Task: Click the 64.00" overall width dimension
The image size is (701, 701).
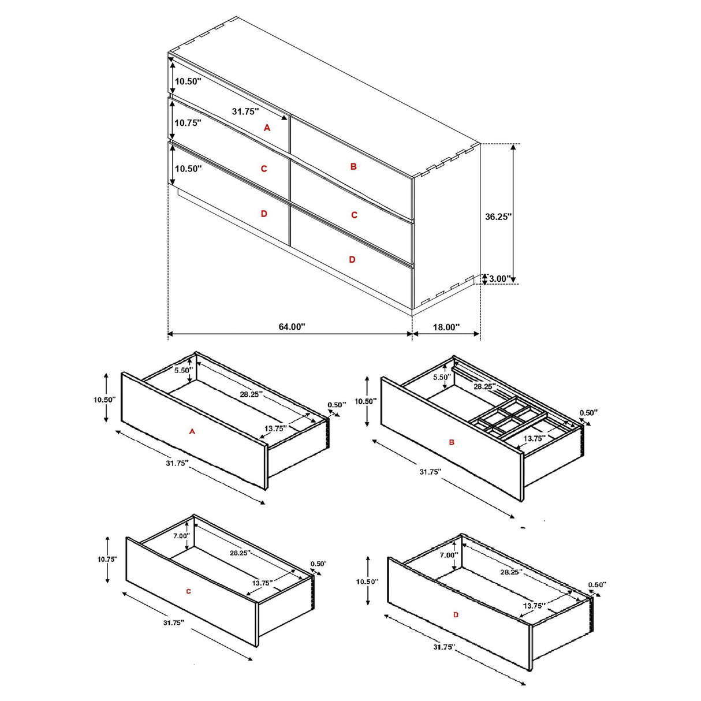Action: [292, 327]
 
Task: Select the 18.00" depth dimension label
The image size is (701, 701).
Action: [446, 327]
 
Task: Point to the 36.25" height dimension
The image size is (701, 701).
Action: [498, 217]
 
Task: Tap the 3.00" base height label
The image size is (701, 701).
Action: [499, 279]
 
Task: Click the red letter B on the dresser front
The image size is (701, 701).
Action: [353, 166]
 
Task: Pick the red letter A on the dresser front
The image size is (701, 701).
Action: [267, 128]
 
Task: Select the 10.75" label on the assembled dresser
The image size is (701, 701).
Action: [188, 123]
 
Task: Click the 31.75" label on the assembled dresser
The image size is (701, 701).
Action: [245, 111]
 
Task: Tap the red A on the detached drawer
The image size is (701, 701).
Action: [192, 431]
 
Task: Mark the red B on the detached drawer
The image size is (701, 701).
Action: [452, 442]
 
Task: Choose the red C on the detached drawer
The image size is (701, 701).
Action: [188, 591]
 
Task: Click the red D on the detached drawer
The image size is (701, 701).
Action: [456, 615]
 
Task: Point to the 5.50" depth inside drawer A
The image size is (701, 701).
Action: [183, 370]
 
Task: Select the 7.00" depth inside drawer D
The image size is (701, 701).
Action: [449, 555]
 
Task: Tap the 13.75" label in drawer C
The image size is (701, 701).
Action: [262, 583]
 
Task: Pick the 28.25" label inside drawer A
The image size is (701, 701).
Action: [251, 394]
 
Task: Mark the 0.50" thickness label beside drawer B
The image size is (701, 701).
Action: [588, 413]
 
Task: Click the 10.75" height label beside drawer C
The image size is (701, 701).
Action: [107, 559]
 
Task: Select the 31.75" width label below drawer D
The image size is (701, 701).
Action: [443, 647]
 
